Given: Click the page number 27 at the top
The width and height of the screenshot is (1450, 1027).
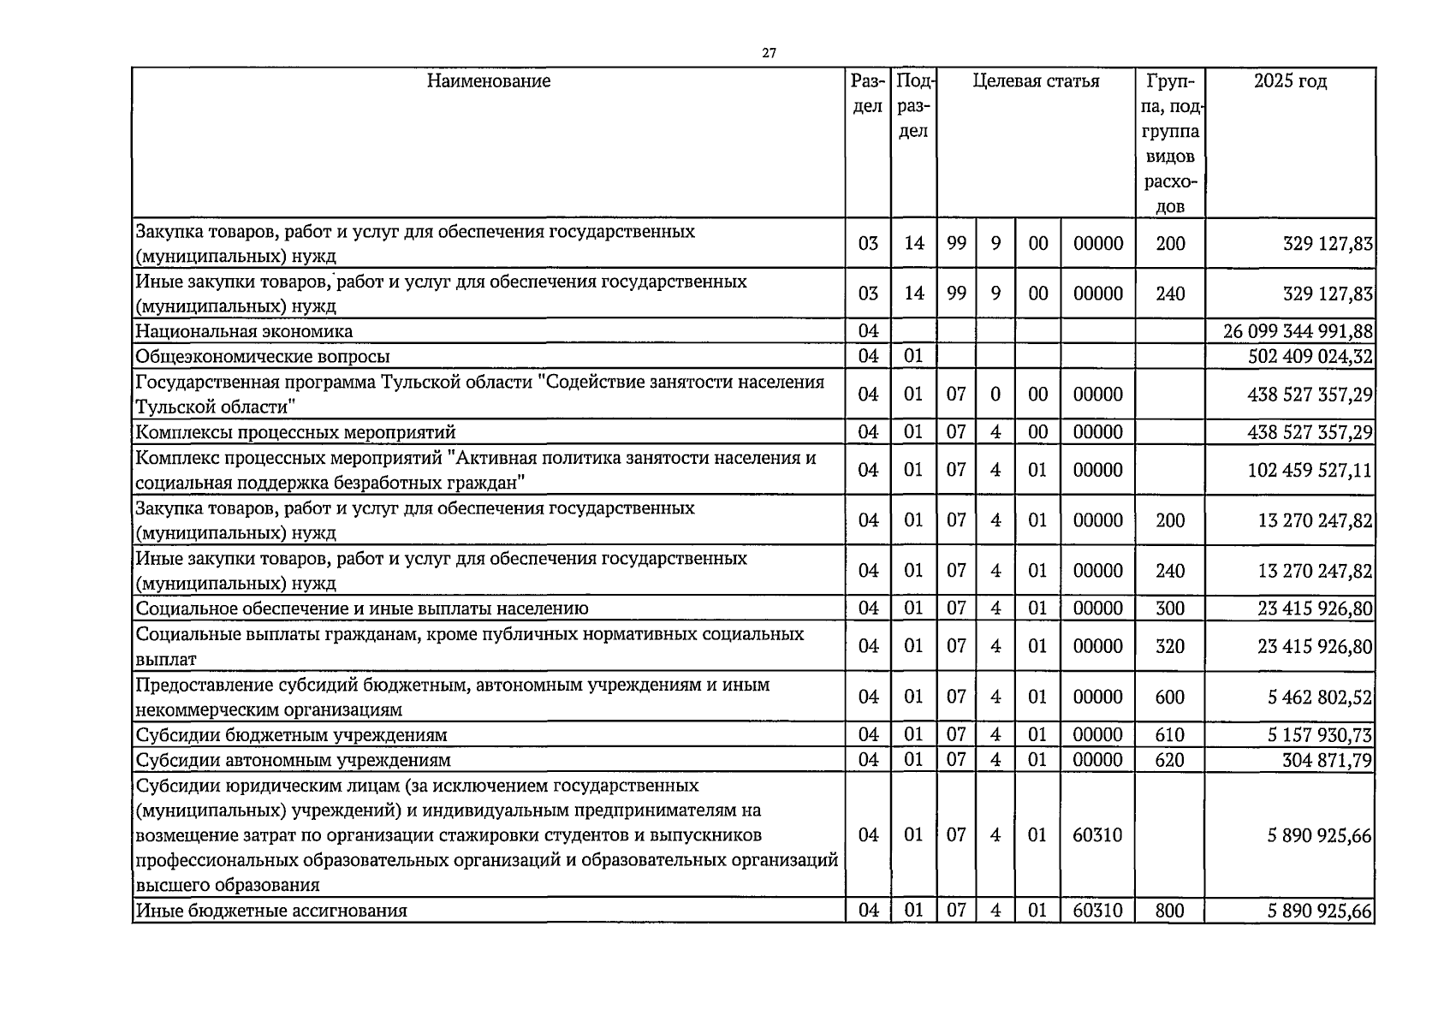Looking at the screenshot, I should (769, 53).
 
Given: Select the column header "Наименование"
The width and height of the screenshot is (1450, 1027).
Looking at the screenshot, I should (489, 81).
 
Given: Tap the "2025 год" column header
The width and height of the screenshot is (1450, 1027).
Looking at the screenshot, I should (1290, 81).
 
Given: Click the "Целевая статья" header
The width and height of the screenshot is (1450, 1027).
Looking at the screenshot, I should (1036, 81).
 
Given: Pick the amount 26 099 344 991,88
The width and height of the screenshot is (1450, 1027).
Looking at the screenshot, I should (1298, 331).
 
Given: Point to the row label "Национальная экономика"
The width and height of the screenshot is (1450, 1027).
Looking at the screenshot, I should (244, 331).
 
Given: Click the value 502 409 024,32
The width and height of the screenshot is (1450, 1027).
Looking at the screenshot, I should (1310, 356).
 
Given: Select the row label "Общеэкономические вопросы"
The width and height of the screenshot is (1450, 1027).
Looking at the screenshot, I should (263, 356).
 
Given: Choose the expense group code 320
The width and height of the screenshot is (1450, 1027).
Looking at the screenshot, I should (1170, 646).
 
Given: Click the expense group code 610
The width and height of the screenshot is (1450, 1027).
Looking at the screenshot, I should (1170, 735).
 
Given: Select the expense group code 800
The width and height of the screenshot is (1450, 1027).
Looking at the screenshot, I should (1170, 911).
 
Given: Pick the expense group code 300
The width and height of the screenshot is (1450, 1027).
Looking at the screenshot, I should (1170, 608).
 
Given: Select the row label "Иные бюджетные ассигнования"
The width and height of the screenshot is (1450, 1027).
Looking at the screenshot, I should (271, 911).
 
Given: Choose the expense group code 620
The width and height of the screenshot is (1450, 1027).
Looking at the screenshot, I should (1170, 760).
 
